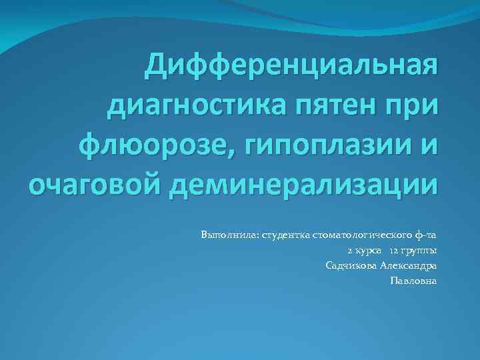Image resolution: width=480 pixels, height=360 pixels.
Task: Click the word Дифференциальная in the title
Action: tap(293, 67)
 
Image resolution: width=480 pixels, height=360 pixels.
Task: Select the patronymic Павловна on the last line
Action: tap(413, 281)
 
